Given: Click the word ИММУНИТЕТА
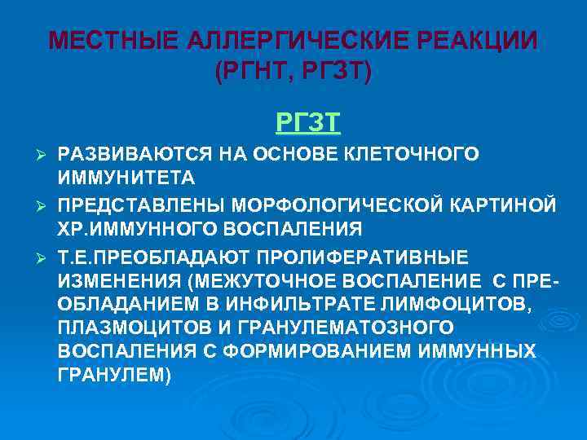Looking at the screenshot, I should tap(114, 176).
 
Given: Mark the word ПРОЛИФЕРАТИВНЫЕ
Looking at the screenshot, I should tap(364, 257).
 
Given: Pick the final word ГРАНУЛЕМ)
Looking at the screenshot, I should tap(115, 375).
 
